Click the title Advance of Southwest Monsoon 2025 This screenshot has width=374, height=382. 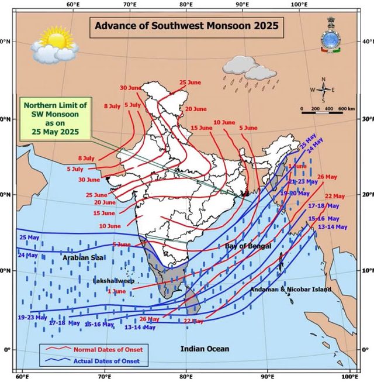186,26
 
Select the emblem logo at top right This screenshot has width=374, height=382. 331,36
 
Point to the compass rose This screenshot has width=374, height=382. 323,90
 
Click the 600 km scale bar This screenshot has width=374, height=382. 328,111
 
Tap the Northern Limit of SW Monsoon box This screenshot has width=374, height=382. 55,119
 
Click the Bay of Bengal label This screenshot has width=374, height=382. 248,247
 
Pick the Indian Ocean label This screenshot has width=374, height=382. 205,349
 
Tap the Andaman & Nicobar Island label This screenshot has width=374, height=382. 290,290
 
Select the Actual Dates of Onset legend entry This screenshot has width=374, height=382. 105,361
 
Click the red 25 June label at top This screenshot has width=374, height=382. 190,82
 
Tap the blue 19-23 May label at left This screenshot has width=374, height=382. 32,317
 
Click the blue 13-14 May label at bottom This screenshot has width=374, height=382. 141,328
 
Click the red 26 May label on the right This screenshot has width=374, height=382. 327,177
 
